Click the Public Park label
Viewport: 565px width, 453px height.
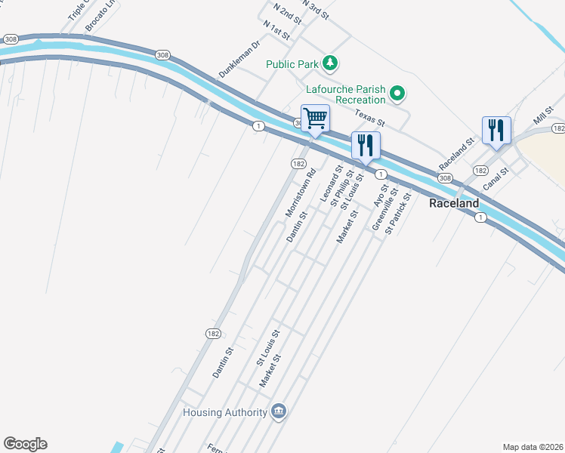pos(292,64)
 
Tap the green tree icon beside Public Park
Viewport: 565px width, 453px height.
pos(330,63)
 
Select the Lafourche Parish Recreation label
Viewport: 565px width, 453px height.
pos(345,94)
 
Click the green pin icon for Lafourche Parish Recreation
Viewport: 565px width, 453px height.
pos(397,94)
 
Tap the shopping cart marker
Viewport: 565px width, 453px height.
pos(315,118)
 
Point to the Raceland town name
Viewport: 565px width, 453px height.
pos(454,204)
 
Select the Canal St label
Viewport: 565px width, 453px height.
pos(497,178)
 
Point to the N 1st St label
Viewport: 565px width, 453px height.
pos(277,32)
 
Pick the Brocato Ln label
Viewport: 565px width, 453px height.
pos(102,15)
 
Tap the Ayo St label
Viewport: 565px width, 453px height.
pos(380,195)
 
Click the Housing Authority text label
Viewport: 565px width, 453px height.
pos(225,413)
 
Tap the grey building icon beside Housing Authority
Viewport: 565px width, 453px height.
pos(278,411)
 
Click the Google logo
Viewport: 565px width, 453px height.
pos(25,444)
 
